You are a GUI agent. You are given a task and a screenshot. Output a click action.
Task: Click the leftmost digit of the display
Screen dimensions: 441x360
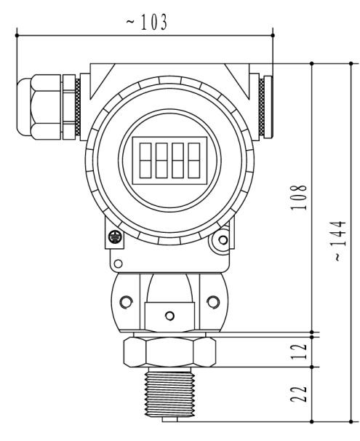click(x=145, y=159)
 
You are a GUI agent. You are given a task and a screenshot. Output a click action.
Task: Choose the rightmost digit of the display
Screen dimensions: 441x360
click(x=193, y=159)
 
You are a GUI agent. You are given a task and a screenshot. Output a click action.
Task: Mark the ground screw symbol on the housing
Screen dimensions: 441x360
click(x=113, y=237)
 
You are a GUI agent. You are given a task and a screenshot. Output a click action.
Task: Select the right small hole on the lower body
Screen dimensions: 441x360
click(x=212, y=301)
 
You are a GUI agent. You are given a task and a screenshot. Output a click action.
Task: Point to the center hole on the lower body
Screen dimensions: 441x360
click(x=169, y=315)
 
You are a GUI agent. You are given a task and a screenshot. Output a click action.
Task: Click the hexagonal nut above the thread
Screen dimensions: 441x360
click(x=170, y=351)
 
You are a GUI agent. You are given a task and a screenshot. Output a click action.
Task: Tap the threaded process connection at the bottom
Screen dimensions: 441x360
click(x=170, y=394)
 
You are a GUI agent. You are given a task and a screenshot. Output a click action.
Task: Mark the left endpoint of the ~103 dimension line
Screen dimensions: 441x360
click(x=17, y=33)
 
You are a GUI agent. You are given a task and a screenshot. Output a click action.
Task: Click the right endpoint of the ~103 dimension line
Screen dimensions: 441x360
click(x=272, y=33)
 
